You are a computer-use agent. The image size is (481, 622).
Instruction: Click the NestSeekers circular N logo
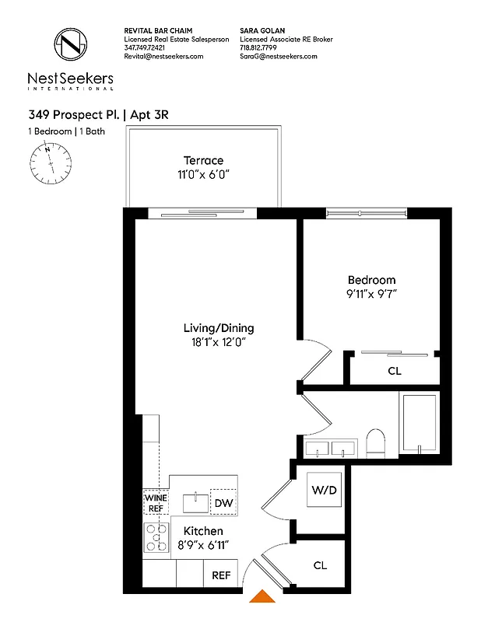(71, 45)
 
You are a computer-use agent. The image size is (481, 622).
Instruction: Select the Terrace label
(203, 160)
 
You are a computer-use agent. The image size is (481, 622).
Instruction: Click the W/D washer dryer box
(324, 490)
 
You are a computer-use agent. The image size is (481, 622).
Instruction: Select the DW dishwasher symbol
(223, 503)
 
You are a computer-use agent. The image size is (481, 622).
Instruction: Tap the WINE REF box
(156, 502)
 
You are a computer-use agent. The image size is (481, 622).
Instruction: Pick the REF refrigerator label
(221, 577)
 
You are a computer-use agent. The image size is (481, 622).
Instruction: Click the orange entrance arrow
(261, 596)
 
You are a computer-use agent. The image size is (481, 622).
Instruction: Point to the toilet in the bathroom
(375, 443)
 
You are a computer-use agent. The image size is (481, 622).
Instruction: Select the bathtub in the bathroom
(420, 424)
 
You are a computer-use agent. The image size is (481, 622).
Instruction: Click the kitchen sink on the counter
(194, 502)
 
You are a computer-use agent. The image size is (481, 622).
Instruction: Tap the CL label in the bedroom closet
(394, 371)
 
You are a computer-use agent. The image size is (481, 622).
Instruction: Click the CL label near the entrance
(320, 565)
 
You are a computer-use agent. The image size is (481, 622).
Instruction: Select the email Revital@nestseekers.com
(163, 57)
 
